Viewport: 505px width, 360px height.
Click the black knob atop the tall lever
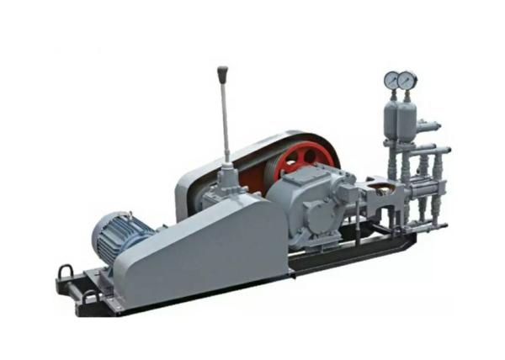tap(223, 75)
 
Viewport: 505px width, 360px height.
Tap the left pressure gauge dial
tap(391, 80)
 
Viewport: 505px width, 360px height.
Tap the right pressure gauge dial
tap(407, 80)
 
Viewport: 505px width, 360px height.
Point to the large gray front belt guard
tap(202, 248)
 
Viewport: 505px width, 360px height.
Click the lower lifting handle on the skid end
tap(89, 295)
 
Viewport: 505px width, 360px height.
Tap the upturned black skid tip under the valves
tap(407, 242)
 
